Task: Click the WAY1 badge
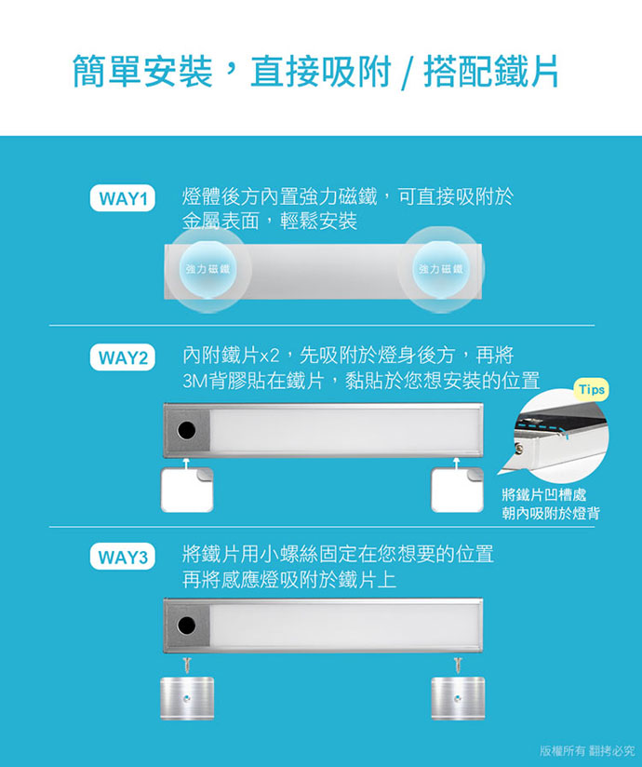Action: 123,198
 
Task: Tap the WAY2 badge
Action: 123,357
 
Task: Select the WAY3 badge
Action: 123,558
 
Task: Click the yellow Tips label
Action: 591,390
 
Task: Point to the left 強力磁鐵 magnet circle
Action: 208,269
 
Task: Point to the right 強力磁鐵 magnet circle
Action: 441,269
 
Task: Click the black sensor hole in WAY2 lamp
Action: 186,430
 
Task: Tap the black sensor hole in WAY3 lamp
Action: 186,626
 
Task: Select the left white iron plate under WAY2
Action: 187,491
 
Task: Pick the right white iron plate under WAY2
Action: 457,491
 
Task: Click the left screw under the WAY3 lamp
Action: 186,665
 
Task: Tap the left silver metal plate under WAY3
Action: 187,698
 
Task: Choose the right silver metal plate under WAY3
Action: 458,698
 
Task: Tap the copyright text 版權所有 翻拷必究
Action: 588,750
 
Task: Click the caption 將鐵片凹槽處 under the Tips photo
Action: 543,495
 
